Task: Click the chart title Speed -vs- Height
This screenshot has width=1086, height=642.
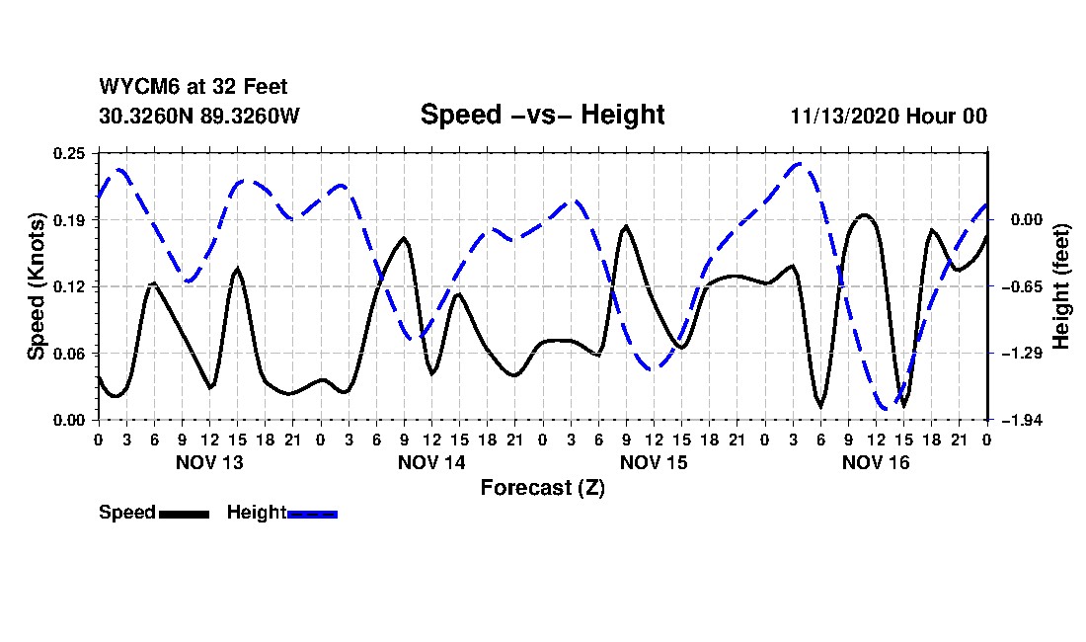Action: click(x=542, y=115)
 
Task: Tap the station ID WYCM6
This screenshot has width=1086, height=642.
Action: click(x=134, y=87)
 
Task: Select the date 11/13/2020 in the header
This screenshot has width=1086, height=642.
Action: click(x=843, y=116)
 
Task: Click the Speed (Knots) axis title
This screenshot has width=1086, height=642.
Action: click(x=37, y=285)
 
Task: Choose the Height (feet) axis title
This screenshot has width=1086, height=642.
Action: click(x=1062, y=286)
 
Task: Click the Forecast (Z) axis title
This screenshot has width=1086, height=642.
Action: click(x=542, y=487)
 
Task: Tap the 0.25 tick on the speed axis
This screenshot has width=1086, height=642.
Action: click(x=71, y=153)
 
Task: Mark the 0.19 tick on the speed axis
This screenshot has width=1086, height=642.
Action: click(x=71, y=219)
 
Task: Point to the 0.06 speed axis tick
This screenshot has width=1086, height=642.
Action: click(x=71, y=353)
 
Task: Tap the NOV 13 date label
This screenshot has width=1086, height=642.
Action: click(x=208, y=462)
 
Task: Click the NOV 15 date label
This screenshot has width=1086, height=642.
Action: click(x=654, y=462)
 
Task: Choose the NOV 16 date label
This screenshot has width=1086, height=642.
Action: click(x=876, y=462)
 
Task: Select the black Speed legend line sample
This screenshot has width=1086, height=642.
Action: click(x=183, y=514)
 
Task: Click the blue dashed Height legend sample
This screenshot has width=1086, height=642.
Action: click(x=312, y=514)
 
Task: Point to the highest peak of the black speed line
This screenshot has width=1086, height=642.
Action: click(x=865, y=214)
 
